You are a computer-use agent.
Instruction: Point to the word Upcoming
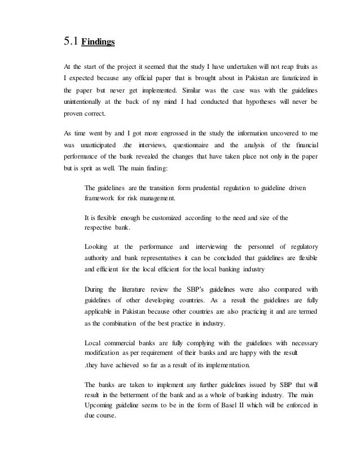pos(102,406)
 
